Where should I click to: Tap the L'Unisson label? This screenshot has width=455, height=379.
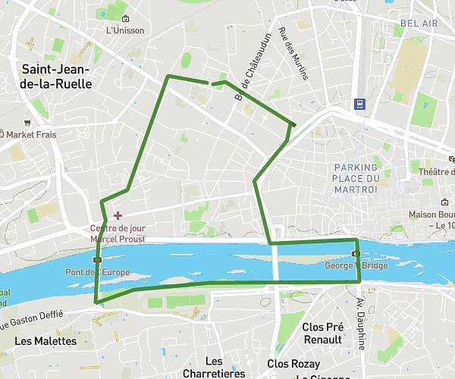pyautogui.click(x=125, y=30)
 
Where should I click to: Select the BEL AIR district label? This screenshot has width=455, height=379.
pyautogui.click(x=421, y=23)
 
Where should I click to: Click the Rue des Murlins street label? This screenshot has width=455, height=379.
pyautogui.click(x=287, y=49)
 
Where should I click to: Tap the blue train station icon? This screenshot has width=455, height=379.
pyautogui.click(x=359, y=105)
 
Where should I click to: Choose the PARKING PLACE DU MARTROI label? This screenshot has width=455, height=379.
pyautogui.click(x=355, y=178)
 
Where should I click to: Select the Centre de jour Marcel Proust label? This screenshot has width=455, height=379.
pyautogui.click(x=117, y=233)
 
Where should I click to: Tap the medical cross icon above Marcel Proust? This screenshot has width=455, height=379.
pyautogui.click(x=118, y=216)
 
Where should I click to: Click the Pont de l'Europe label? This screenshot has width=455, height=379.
pyautogui.click(x=98, y=272)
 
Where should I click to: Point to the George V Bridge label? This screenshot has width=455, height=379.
pyautogui.click(x=356, y=266)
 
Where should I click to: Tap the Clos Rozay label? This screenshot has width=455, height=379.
pyautogui.click(x=293, y=365)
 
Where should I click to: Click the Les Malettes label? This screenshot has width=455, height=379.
pyautogui.click(x=45, y=341)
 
